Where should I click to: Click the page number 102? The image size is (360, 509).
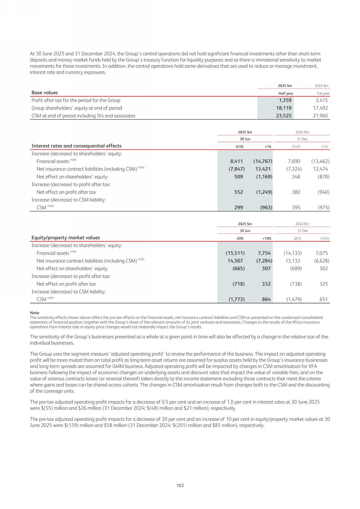[x=180, y=485]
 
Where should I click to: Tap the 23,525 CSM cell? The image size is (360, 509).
[x=284, y=116]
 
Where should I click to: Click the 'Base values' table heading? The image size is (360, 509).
[x=45, y=92]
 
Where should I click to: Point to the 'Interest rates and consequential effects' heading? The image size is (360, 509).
[x=76, y=146]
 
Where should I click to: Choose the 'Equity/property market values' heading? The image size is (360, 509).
[x=66, y=237]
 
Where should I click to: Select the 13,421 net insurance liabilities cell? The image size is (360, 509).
[x=263, y=169]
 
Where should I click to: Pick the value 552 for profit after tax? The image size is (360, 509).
[x=238, y=192]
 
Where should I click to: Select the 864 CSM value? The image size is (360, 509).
[x=266, y=299]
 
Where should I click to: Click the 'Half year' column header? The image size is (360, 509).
[x=286, y=94]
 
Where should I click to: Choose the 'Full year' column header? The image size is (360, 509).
[x=323, y=94]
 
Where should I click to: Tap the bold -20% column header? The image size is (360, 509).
[x=240, y=239]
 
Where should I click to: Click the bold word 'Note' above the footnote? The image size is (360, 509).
[x=35, y=313]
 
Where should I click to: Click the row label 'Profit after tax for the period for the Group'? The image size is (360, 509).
[x=76, y=100]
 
